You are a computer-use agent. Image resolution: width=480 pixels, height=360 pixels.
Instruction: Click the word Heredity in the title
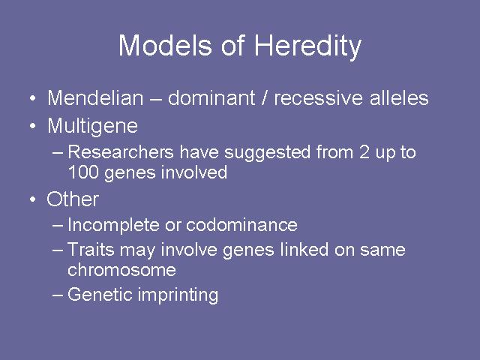[x=308, y=46]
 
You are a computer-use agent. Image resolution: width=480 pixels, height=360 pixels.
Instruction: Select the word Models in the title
[x=165, y=45]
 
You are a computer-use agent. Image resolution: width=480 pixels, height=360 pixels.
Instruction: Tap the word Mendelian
[x=95, y=98]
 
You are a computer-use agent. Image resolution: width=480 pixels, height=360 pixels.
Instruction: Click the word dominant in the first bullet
[x=211, y=98]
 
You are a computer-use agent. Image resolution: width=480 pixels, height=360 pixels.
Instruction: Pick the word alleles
[x=399, y=98]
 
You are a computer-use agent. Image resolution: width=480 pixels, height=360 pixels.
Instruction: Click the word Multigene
[x=93, y=127]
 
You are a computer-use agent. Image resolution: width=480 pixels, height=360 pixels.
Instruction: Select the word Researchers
[x=121, y=151]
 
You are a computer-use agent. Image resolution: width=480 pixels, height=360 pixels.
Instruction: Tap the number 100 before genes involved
[x=82, y=172]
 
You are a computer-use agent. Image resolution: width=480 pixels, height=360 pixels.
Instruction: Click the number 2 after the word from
[x=364, y=151]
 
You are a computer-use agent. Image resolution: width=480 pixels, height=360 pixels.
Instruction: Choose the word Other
[x=73, y=199]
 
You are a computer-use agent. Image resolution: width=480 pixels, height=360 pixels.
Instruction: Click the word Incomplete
[x=113, y=225]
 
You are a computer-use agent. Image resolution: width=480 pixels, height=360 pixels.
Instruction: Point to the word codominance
[x=241, y=225]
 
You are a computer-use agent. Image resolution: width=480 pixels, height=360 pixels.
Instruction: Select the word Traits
[x=91, y=249]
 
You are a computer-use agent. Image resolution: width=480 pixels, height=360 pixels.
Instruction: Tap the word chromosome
[x=121, y=270]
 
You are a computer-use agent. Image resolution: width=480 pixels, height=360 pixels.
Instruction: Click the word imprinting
[x=178, y=295]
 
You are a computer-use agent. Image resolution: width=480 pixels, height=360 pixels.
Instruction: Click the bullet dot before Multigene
[x=33, y=126]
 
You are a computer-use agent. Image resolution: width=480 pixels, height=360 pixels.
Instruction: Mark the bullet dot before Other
[x=33, y=199]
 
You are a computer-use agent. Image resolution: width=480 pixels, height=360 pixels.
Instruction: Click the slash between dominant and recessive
[x=265, y=98]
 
